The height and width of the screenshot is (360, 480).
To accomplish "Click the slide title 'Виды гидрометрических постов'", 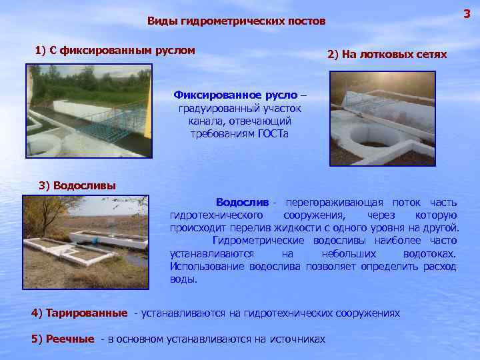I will (237, 21).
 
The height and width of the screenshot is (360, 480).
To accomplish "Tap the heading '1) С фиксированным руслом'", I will (115, 50).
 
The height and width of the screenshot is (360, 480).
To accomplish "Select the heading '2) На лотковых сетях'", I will (387, 55).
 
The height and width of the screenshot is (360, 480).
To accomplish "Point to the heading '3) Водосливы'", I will (78, 185).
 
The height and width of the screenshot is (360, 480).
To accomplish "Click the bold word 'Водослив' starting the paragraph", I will (242, 202).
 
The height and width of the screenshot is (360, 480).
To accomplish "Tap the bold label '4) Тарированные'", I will (79, 313).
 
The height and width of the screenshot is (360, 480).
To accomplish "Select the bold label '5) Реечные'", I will (63, 339).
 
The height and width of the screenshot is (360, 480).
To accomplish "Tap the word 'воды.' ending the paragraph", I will (183, 279).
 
